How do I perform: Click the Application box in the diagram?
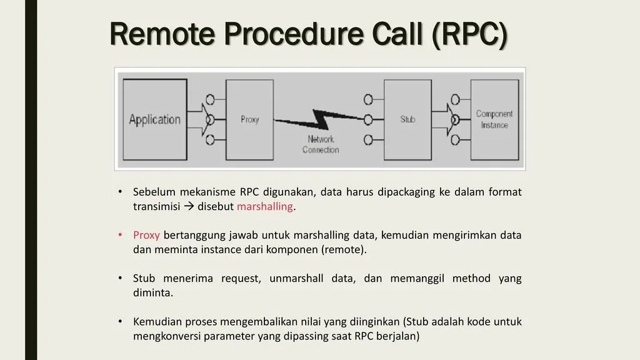click(154, 119)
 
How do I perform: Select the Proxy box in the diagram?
click(249, 119)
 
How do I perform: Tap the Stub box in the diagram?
click(407, 119)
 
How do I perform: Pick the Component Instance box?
click(494, 119)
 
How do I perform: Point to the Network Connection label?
click(321, 144)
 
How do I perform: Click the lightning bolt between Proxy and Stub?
click(319, 118)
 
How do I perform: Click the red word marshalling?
click(265, 207)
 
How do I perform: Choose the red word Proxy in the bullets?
click(146, 236)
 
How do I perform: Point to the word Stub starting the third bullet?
click(144, 279)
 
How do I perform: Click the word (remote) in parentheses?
click(343, 250)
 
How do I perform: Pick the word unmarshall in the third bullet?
click(296, 279)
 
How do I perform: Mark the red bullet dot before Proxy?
click(120, 236)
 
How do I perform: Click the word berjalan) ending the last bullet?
click(398, 336)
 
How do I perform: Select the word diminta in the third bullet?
click(152, 292)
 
